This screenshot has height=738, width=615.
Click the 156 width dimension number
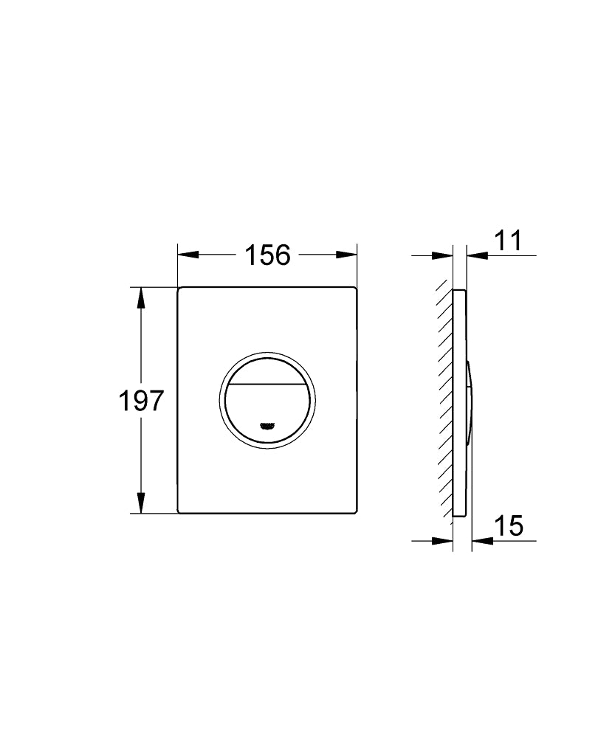(267, 255)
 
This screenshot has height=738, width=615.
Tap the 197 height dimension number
(141, 401)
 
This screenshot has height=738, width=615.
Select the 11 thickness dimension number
(508, 241)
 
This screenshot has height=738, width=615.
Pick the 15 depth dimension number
(508, 526)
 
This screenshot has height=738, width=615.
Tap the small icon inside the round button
(268, 424)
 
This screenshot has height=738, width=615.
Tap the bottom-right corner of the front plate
(355, 511)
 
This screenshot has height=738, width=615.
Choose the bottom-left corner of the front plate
(180, 511)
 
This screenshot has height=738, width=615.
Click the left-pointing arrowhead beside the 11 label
(477, 255)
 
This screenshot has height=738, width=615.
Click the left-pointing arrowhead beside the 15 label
(482, 541)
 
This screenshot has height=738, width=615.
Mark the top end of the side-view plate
(459, 291)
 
